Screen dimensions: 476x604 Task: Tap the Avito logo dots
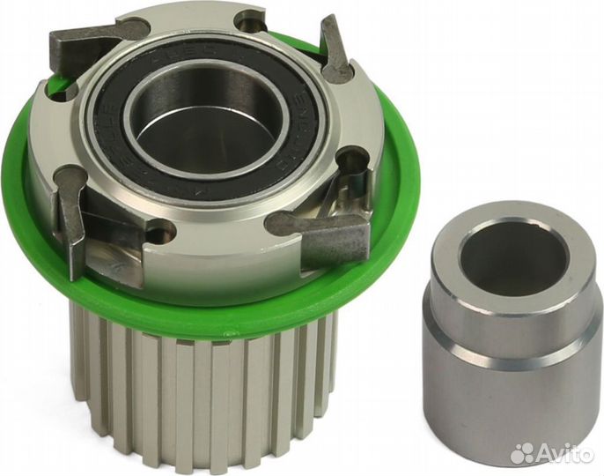point(526,451)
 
